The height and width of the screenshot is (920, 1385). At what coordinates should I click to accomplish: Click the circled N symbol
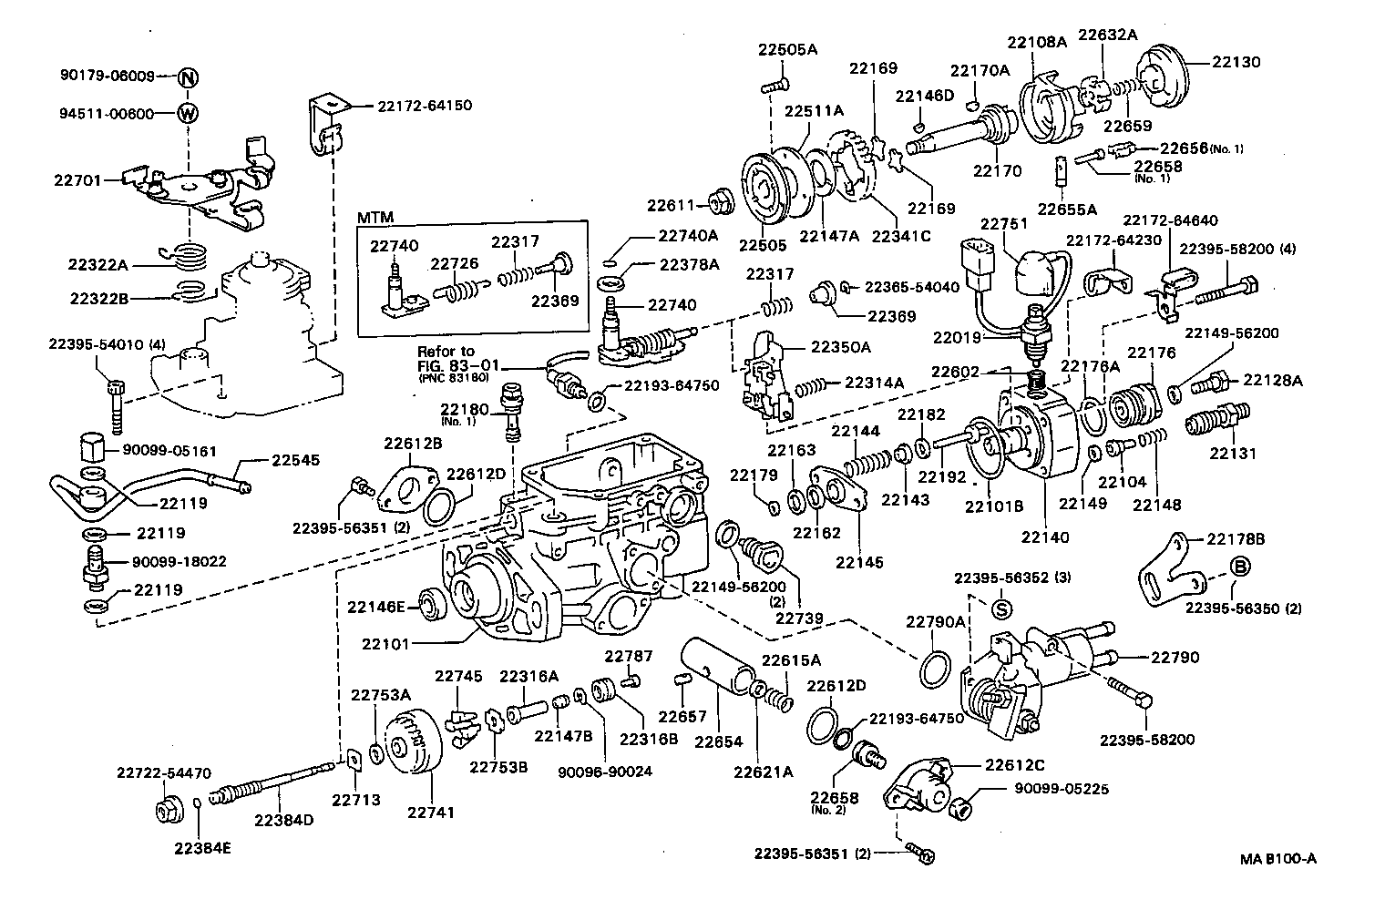pos(187,77)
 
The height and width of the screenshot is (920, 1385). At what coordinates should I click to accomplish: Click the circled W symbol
pos(187,114)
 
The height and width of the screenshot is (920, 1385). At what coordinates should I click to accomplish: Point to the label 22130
pos(1236,62)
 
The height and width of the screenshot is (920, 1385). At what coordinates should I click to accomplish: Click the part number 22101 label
pos(386,644)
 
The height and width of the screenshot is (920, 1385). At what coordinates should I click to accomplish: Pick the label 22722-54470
pos(163,773)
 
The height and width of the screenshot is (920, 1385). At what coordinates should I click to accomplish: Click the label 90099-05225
pos(1061,789)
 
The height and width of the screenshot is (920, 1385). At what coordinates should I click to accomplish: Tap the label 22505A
pos(787,49)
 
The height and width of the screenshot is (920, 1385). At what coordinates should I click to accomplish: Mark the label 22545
pos(295,461)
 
